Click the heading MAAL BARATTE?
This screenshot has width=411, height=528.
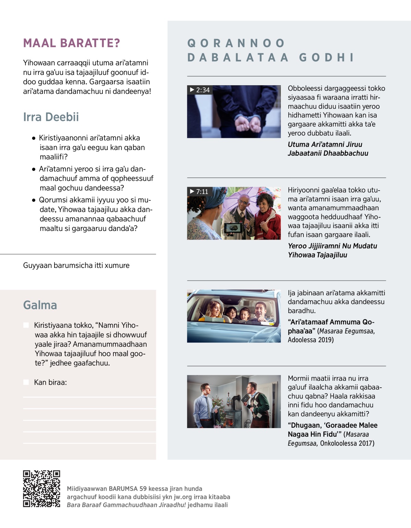coord(72,43)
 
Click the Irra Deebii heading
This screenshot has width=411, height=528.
coord(51,117)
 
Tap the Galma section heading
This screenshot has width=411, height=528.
coord(40,305)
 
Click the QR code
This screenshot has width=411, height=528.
coord(41,489)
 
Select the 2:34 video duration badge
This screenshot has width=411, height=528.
coord(200,90)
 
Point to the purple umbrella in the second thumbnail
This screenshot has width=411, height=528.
coord(240,198)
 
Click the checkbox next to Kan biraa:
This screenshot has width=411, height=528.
coord(26,382)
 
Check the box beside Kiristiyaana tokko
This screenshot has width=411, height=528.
coord(26,325)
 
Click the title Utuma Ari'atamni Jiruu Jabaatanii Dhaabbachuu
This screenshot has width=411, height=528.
coord(328,149)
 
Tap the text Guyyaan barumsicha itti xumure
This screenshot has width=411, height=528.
coord(76,266)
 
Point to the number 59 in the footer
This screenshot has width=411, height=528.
coord(143,489)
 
